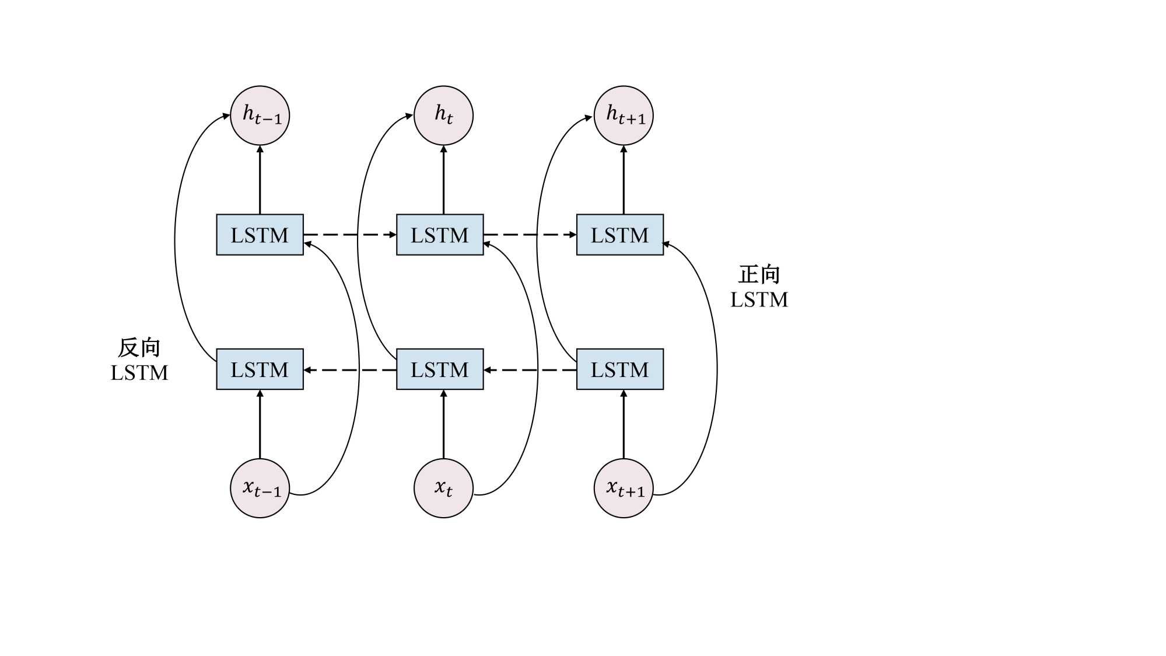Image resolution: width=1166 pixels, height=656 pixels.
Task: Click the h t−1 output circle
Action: [x=260, y=116]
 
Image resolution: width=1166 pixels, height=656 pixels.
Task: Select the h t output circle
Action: [x=443, y=116]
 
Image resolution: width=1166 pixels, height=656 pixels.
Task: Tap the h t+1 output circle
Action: [x=623, y=116]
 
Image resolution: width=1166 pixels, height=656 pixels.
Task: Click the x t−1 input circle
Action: [x=260, y=488]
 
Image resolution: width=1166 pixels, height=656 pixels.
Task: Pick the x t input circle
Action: [x=443, y=488]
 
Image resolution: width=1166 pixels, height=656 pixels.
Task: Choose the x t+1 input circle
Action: [x=623, y=488]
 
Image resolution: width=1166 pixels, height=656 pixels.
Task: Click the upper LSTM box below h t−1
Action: [x=260, y=235]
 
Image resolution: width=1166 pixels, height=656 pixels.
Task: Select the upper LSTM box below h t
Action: [x=440, y=235]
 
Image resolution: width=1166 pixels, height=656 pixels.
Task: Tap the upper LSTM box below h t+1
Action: [x=619, y=235]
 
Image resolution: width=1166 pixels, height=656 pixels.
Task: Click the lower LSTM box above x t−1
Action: [x=260, y=369]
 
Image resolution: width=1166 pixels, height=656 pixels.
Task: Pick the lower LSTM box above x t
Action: [x=440, y=369]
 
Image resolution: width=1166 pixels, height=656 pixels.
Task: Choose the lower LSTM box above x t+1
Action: [x=619, y=369]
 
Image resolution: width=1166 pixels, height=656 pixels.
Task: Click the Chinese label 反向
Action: [x=139, y=348]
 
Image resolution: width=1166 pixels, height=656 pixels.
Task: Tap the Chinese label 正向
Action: [x=759, y=274]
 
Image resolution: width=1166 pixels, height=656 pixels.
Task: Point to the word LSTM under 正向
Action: [x=759, y=299]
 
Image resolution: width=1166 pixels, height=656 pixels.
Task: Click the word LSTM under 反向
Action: [x=139, y=372]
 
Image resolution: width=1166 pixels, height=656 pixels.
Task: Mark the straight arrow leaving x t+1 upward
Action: [x=624, y=424]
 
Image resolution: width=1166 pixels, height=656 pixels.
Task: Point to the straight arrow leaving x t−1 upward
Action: [x=260, y=424]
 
